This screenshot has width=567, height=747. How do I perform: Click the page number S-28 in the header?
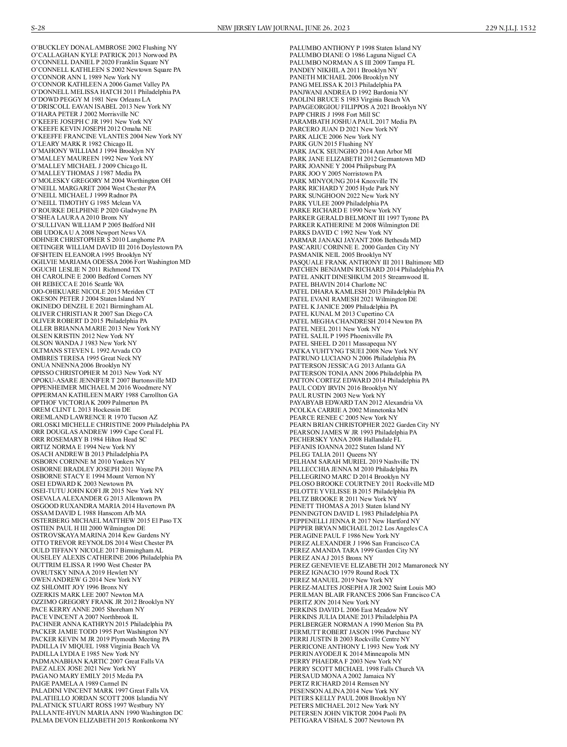[x=38, y=28]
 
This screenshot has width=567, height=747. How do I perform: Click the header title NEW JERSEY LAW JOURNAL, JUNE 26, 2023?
[x=283, y=28]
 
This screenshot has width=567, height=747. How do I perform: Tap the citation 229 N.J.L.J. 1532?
[x=510, y=28]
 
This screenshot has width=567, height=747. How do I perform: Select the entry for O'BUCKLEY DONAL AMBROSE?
[x=104, y=48]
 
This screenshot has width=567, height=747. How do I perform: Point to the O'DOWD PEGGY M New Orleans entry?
[x=91, y=99]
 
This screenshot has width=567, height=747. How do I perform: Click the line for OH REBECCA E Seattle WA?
[x=77, y=284]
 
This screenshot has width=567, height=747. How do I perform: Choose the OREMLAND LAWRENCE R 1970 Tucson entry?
[x=94, y=417]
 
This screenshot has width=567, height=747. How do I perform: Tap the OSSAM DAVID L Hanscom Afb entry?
[x=88, y=513]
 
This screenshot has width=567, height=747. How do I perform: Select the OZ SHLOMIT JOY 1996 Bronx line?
[x=79, y=587]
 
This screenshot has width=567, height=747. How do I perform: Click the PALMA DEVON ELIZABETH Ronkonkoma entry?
[x=105, y=721]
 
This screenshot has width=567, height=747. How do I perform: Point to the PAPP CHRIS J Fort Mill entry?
[x=335, y=114]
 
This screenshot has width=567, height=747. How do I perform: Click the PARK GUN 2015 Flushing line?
[x=331, y=144]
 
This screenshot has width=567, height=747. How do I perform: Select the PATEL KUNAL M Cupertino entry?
[x=342, y=314]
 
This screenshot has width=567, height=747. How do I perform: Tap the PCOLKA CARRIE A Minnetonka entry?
[x=348, y=410]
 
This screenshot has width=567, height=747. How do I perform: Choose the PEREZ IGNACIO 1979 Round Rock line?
[x=344, y=573]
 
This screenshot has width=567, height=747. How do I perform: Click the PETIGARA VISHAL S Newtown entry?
[x=346, y=721]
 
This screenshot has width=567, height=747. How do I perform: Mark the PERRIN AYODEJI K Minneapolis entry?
[x=349, y=654]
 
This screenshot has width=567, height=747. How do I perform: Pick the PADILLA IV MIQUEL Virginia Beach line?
[x=95, y=646]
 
